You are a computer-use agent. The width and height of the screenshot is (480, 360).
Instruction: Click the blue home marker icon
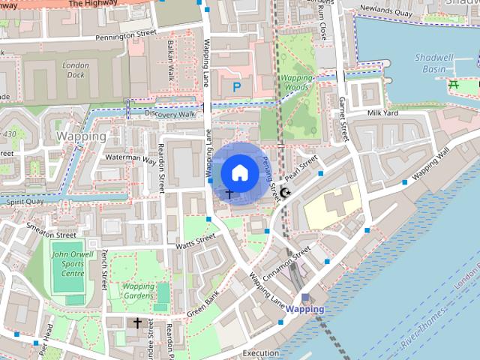[x=238, y=172]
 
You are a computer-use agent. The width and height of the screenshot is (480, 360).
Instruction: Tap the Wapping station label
[x=305, y=309]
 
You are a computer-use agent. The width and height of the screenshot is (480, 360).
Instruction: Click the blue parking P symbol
[x=237, y=88]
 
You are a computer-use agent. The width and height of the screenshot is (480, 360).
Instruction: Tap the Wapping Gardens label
[x=138, y=291]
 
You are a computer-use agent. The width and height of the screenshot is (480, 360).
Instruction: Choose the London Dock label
[x=75, y=70]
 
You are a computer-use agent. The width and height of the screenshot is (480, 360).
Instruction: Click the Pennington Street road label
[x=125, y=34]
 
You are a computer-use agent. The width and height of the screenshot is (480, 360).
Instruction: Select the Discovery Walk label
[x=170, y=114]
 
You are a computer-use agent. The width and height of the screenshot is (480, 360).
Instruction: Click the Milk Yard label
[x=382, y=112]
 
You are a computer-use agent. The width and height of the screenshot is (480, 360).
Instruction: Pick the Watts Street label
[x=196, y=241]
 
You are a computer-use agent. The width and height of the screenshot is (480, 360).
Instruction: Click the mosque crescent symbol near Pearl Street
[x=285, y=193]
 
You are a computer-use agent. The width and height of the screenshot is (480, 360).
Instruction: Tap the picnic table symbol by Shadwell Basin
[x=454, y=85]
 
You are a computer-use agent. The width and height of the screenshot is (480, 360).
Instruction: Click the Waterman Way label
[x=130, y=158]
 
